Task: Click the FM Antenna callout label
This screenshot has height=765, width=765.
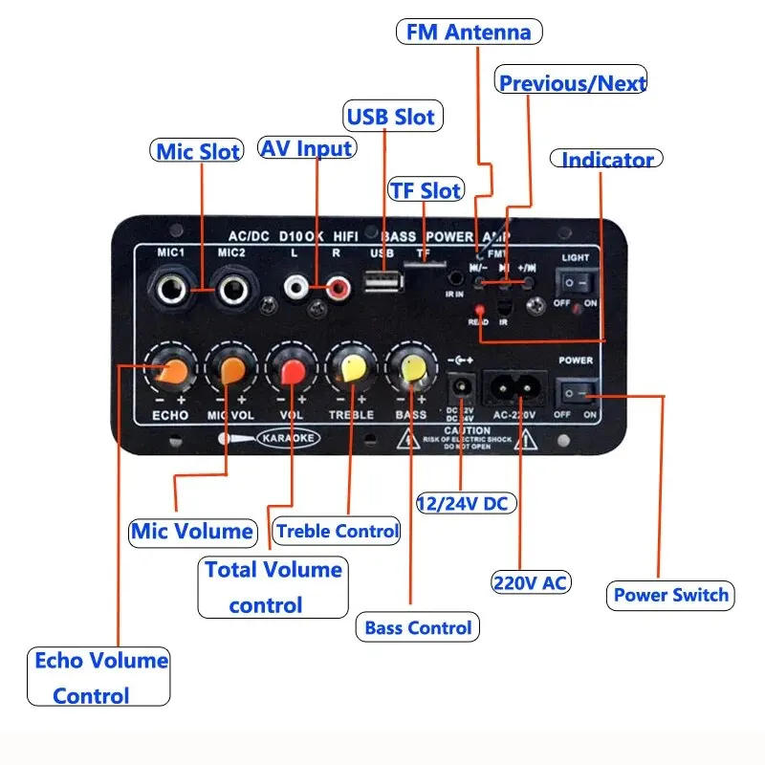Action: pyautogui.click(x=469, y=32)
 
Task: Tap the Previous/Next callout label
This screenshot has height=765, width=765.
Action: pyautogui.click(x=572, y=82)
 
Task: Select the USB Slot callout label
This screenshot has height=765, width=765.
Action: pyautogui.click(x=390, y=117)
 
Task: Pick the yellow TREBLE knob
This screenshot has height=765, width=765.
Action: pyautogui.click(x=350, y=371)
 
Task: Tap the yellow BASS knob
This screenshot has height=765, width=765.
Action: pyautogui.click(x=410, y=371)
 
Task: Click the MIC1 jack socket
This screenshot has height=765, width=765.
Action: pyautogui.click(x=170, y=288)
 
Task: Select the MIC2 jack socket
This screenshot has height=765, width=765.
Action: pyautogui.click(x=232, y=288)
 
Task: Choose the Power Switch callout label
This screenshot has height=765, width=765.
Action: pyautogui.click(x=670, y=595)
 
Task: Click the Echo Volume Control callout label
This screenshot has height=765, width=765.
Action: pyautogui.click(x=98, y=677)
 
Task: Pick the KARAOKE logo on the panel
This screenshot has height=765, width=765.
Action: pyautogui.click(x=283, y=440)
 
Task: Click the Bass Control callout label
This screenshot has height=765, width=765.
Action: pyautogui.click(x=418, y=628)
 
